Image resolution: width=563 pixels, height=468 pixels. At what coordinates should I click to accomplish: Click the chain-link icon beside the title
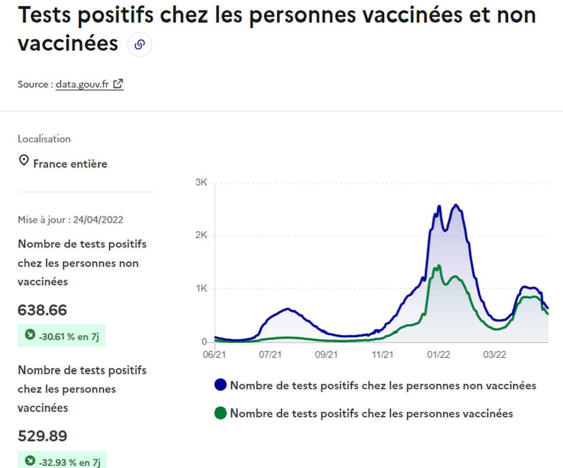(x=139, y=45)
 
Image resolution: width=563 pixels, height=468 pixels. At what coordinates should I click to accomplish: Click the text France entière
(x=70, y=163)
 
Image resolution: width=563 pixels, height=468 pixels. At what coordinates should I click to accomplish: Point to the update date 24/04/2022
(x=98, y=219)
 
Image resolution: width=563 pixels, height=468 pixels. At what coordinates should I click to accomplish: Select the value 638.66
(x=42, y=310)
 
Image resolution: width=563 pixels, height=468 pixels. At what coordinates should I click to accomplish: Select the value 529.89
(x=42, y=436)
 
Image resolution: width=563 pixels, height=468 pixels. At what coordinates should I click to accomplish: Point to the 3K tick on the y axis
(x=202, y=183)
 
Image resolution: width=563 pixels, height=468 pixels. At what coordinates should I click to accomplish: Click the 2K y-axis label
(x=202, y=235)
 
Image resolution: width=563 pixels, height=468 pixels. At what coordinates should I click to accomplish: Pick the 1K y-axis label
(x=202, y=288)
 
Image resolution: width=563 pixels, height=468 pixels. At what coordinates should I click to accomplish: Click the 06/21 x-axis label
(x=214, y=355)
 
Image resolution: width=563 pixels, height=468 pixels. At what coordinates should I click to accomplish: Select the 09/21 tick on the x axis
(x=326, y=355)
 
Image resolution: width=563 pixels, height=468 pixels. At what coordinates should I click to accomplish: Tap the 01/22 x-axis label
(x=438, y=355)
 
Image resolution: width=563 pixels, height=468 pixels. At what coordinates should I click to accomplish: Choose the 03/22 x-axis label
(x=494, y=355)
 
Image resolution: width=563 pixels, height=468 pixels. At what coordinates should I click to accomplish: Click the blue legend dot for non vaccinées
(x=221, y=385)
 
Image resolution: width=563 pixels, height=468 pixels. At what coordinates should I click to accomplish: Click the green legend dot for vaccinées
(x=221, y=413)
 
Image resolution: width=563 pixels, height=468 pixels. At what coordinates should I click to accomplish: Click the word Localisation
(x=44, y=139)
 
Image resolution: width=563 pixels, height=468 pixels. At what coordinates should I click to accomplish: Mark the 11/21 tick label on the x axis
(x=383, y=355)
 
